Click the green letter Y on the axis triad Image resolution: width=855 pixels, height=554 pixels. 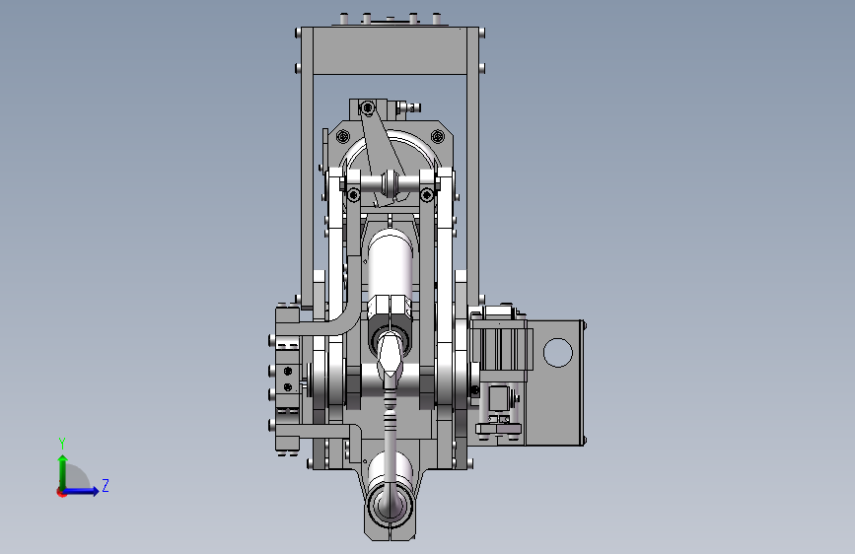[62, 444]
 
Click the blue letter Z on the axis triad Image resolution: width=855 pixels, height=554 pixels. [106, 485]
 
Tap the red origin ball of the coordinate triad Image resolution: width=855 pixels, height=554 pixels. [61, 492]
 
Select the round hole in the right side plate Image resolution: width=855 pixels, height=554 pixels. [558, 352]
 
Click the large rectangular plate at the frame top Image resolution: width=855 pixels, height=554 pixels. [390, 50]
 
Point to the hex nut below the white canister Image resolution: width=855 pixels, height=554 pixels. [390, 310]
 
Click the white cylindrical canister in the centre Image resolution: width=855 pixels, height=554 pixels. [390, 264]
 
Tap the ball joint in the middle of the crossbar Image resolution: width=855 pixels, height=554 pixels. [390, 182]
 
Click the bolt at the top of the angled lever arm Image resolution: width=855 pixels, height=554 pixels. [368, 108]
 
